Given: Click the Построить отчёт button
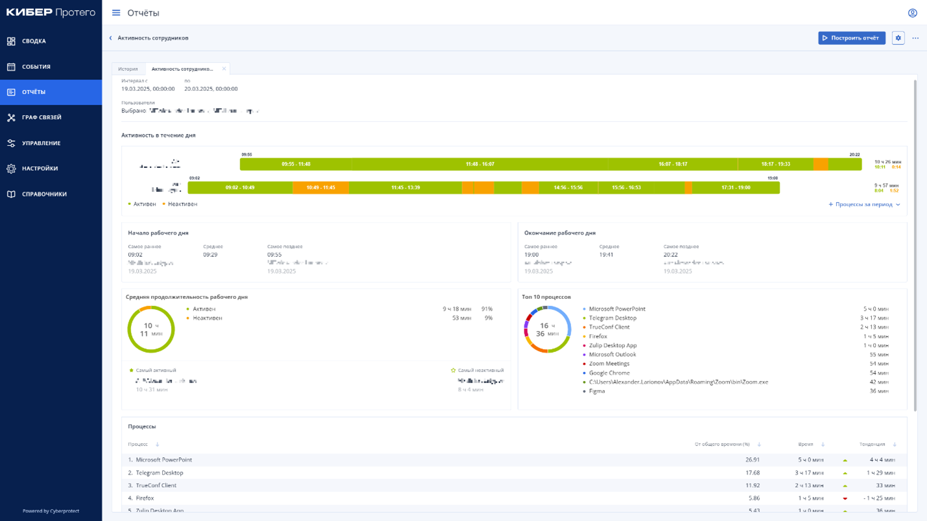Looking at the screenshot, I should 851,38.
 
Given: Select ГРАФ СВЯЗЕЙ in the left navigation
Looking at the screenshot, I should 41,117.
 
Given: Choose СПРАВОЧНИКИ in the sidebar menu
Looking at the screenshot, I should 44,194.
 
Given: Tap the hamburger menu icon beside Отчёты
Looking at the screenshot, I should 116,13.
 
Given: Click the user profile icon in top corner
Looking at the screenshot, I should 912,13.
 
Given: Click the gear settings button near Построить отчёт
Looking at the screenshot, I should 898,38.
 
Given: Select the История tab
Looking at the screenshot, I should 128,69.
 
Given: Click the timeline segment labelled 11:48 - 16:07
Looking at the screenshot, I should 480,164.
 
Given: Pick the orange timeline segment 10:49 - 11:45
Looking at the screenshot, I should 320,187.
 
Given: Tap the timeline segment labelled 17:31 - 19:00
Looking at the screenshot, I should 736,187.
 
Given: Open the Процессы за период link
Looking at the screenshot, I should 864,204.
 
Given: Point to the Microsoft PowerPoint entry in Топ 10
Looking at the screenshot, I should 616,309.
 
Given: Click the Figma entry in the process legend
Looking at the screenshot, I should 596,391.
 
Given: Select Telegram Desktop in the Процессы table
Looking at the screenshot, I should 159,472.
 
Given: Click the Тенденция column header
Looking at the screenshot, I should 872,445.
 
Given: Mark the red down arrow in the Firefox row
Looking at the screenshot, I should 845,498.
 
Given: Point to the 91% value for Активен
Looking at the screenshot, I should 487,309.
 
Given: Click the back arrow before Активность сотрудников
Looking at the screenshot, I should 111,38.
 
